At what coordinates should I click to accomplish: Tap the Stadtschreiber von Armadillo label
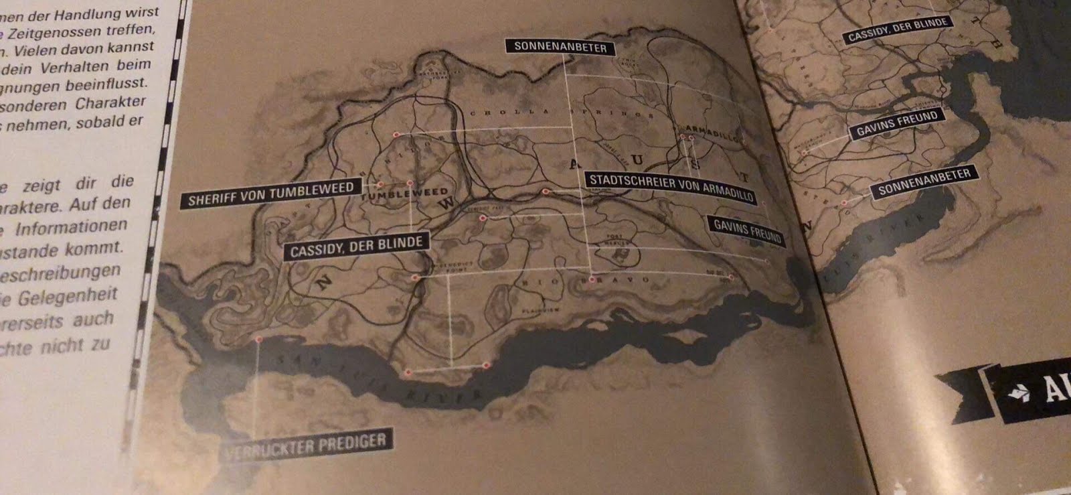[x=671, y=186]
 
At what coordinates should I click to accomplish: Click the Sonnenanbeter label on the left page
[x=560, y=47]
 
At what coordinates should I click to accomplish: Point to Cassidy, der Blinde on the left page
[x=356, y=246]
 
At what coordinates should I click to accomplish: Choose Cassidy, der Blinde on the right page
[x=898, y=30]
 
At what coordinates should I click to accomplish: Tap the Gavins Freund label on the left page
[x=747, y=230]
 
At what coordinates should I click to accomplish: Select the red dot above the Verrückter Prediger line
[x=259, y=340]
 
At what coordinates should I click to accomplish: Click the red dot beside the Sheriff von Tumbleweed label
[x=380, y=184]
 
